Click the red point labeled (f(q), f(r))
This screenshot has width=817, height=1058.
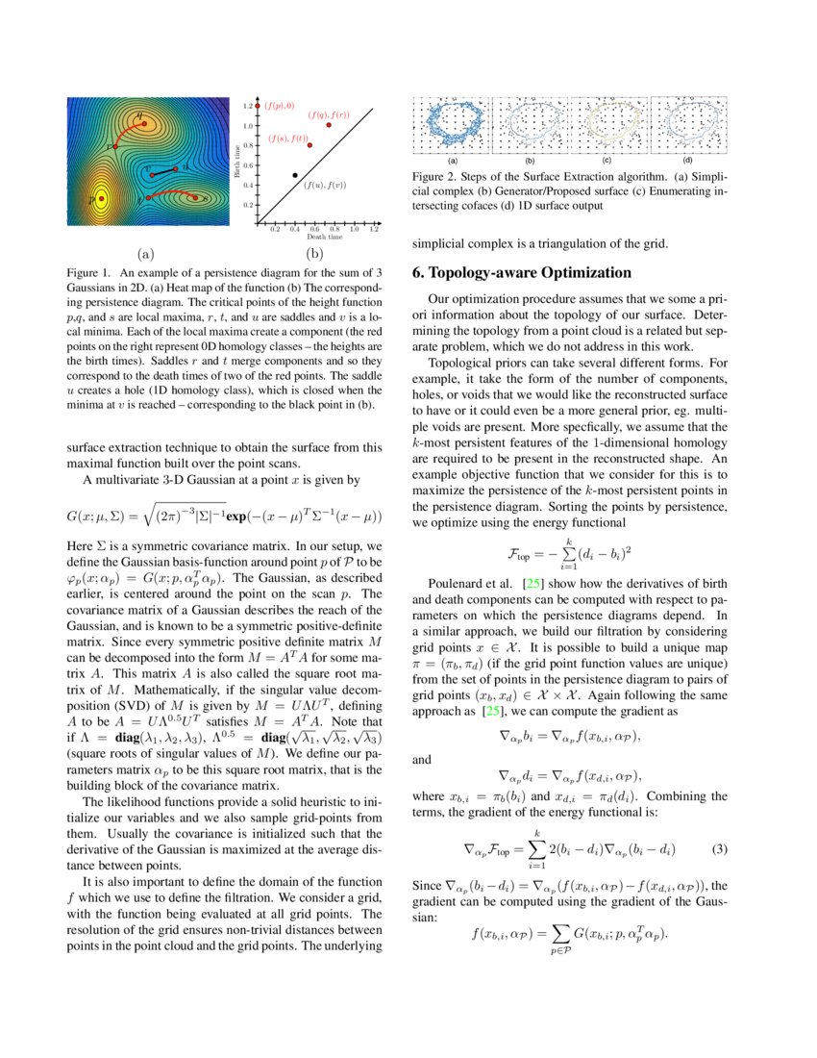tap(329, 125)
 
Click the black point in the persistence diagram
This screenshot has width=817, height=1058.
tap(295, 175)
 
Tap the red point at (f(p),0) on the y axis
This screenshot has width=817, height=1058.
tap(258, 105)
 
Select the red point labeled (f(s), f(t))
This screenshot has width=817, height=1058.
tap(309, 145)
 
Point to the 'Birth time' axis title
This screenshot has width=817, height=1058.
tap(238, 165)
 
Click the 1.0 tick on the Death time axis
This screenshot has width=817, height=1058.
tap(355, 229)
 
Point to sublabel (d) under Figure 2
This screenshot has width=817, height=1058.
tap(687, 161)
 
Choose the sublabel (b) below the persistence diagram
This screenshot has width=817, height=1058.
tap(313, 255)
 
